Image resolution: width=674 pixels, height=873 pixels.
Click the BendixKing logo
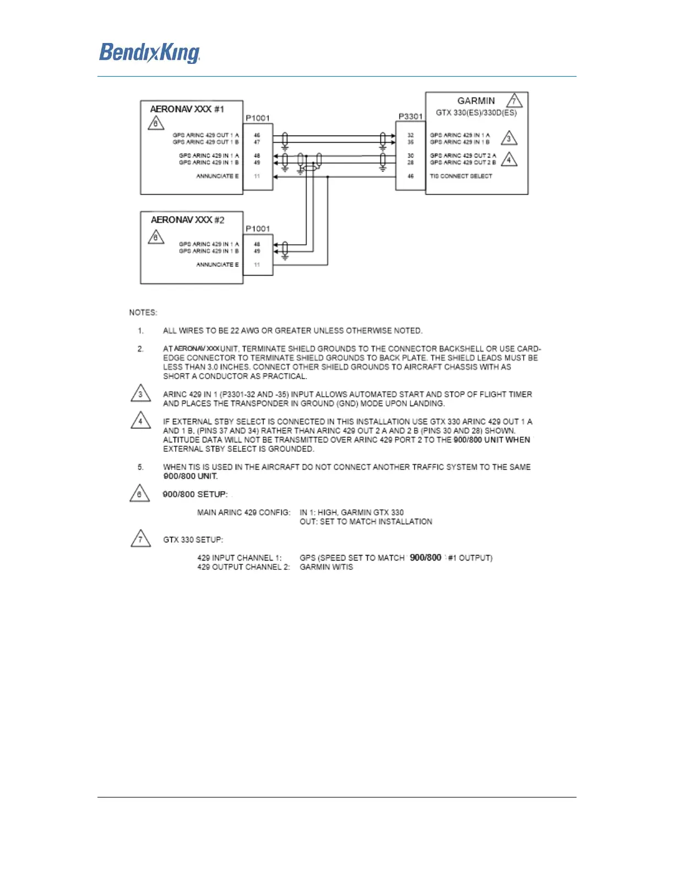tap(149, 53)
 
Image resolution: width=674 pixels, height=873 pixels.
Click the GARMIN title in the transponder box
tap(476, 101)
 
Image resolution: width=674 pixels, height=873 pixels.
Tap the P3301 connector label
tap(410, 116)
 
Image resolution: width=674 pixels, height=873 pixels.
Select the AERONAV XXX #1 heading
tap(187, 109)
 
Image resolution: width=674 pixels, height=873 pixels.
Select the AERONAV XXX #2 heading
tap(188, 220)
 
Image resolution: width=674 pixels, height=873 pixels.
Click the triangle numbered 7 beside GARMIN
tap(514, 101)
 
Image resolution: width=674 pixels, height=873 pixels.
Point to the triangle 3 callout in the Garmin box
tap(509, 138)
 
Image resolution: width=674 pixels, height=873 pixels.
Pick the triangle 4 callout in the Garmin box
tap(509, 160)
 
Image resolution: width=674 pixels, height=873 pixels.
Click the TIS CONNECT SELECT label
tap(461, 176)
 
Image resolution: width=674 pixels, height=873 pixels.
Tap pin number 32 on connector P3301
tap(410, 135)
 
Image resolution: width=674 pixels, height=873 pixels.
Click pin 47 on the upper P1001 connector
tap(257, 142)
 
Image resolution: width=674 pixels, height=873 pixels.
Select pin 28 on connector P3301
tap(410, 163)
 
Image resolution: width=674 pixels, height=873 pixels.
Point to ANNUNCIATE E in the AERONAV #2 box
tap(218, 265)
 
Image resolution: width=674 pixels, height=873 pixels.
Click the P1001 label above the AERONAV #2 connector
tap(258, 229)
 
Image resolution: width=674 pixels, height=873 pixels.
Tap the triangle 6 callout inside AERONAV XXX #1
tap(156, 123)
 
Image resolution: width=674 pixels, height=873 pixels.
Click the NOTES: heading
tap(143, 312)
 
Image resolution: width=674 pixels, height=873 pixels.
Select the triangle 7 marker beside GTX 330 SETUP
tap(140, 538)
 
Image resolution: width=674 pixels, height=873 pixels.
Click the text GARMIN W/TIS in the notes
tap(326, 567)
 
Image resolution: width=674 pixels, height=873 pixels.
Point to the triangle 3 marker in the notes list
tap(140, 394)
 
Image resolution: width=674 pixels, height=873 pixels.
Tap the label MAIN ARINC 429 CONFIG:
tap(243, 513)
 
